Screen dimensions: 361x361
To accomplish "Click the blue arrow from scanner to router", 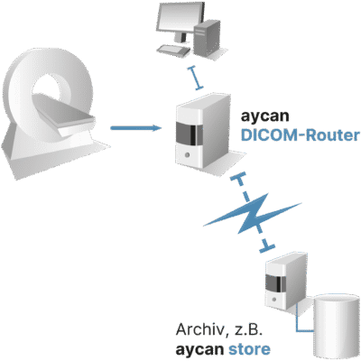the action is tap(136, 128).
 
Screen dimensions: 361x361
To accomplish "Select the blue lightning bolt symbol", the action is tap(252, 214).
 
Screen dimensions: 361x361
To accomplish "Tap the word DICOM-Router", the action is tap(301, 135).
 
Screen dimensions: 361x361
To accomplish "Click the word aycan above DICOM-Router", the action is tap(264, 116).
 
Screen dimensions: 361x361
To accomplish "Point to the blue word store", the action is tap(249, 349).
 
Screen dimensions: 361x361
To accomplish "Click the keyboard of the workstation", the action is tap(174, 50).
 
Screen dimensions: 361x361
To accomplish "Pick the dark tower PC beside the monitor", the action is tap(207, 38).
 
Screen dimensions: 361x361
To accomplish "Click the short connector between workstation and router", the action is tap(195, 78).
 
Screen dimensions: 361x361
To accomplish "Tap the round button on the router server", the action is tap(187, 155).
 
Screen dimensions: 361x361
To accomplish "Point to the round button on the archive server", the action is tap(274, 300).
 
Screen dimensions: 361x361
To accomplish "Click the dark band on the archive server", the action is tap(275, 283).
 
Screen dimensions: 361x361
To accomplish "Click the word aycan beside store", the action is tap(199, 350).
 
